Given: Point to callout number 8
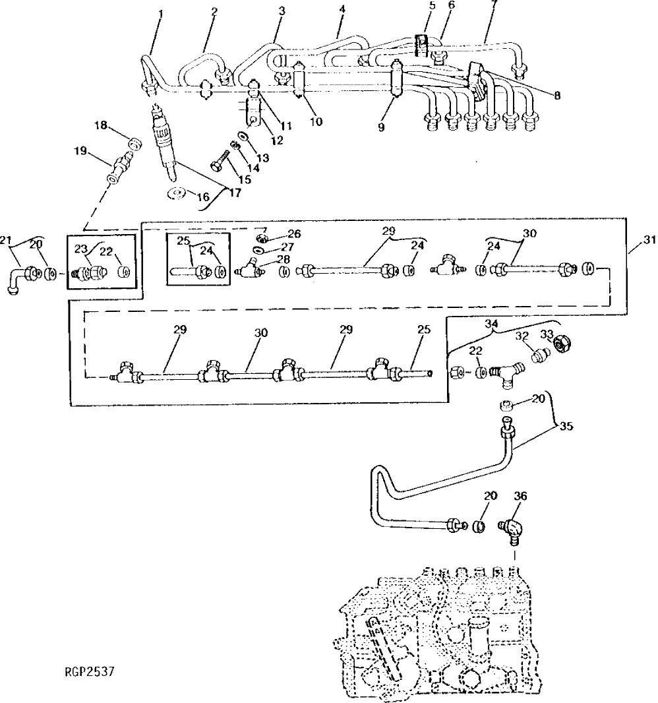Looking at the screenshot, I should pos(558,95).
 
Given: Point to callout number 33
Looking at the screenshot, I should pos(546,333).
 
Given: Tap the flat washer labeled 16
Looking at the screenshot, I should pos(176,194).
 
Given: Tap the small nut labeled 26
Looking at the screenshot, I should pos(262,237).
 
